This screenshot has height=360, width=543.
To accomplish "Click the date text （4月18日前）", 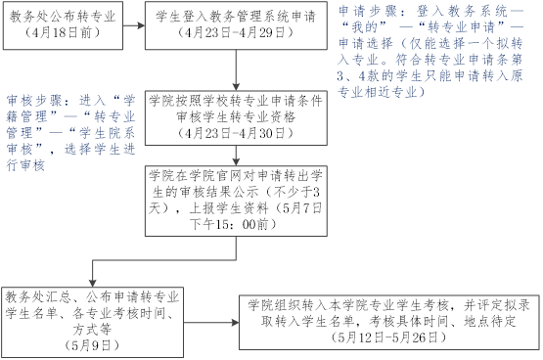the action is [63, 32].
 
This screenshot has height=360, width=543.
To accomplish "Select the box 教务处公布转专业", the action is [63, 25].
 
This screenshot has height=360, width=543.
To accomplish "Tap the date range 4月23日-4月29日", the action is [236, 32].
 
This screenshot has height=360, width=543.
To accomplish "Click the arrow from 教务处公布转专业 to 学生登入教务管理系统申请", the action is [134, 25].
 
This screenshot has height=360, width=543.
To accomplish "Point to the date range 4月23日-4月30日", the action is [236, 133].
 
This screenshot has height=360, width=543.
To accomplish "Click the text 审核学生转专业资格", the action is [236, 117].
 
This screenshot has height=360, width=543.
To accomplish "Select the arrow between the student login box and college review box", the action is [236, 70].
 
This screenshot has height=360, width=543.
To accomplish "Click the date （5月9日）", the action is [92, 345].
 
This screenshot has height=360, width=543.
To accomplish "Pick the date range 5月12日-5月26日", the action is [388, 337].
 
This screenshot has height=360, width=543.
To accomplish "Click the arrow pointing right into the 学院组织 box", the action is [211, 323].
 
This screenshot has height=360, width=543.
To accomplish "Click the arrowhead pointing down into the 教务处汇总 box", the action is [93, 283].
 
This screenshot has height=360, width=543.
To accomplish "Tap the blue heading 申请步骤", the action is [368, 12].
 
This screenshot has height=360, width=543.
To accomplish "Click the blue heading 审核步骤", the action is [34, 101].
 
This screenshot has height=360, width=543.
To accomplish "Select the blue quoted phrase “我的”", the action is [364, 27].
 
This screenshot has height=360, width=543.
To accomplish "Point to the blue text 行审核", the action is [25, 165].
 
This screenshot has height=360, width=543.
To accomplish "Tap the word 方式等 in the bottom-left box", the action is [92, 330].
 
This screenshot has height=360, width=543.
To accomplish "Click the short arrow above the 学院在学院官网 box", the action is [236, 156].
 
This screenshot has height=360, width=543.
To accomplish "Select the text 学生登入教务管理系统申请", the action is [236, 17].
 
